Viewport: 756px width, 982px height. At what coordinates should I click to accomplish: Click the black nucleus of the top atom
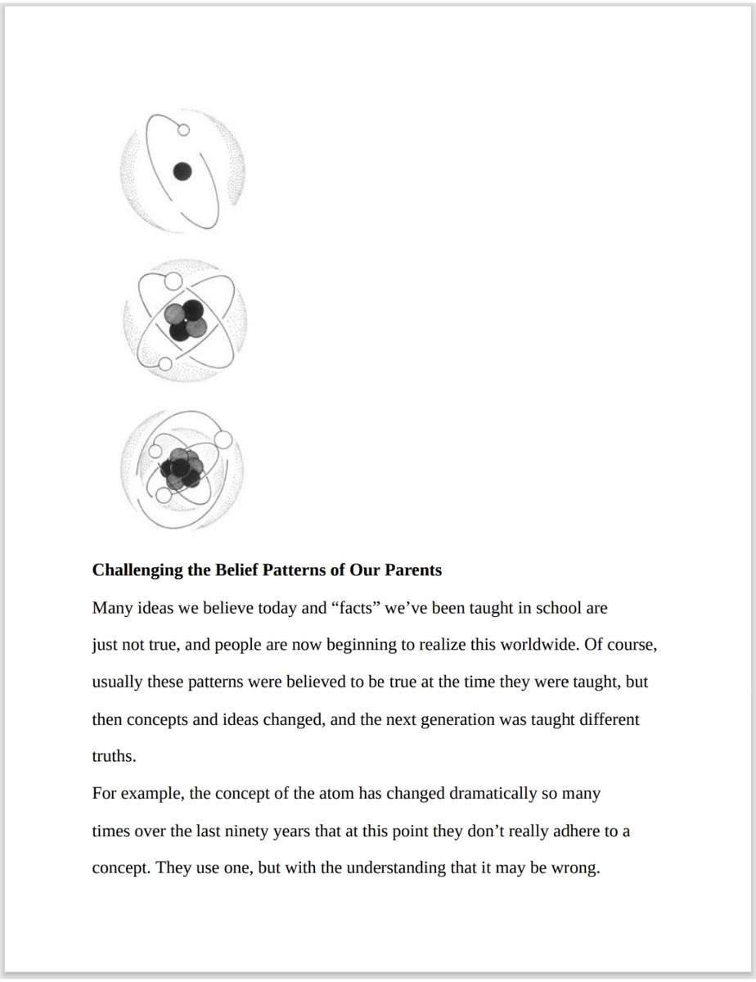pos(183,172)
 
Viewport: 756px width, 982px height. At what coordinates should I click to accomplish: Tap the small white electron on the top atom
pos(183,129)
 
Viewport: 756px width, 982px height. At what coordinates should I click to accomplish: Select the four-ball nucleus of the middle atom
pos(185,319)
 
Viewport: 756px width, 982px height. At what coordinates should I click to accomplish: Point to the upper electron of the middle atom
pos(173,281)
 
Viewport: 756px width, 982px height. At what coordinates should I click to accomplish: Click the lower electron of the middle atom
pos(164,363)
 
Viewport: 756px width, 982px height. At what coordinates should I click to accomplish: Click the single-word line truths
pos(114,757)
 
